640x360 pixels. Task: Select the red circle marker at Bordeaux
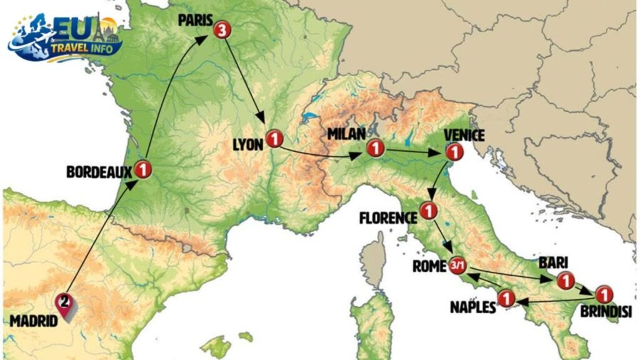click(x=143, y=168)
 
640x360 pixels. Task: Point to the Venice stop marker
click(x=454, y=151)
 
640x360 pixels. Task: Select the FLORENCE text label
click(x=388, y=218)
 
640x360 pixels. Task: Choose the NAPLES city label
click(x=472, y=306)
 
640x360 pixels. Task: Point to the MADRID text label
click(x=34, y=321)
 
